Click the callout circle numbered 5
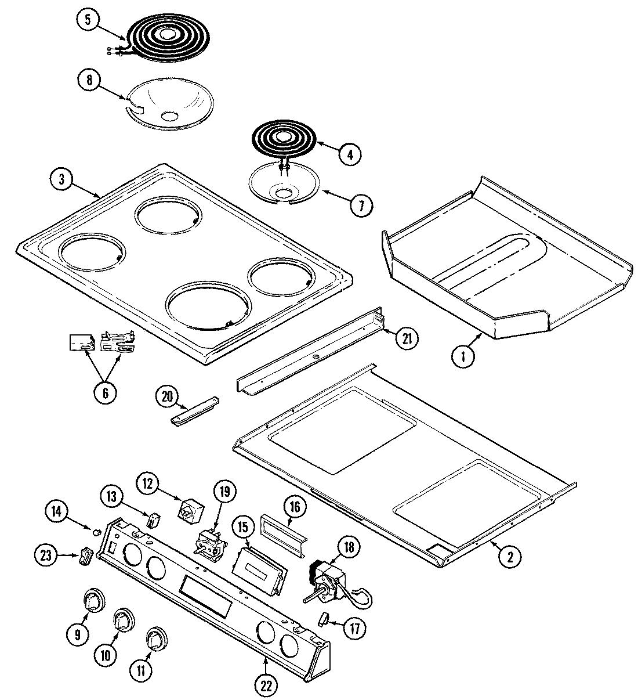[87, 19]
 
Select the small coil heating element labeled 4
[282, 139]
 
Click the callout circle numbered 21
[407, 338]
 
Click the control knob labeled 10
[123, 620]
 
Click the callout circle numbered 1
[463, 356]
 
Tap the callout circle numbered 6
[105, 393]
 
